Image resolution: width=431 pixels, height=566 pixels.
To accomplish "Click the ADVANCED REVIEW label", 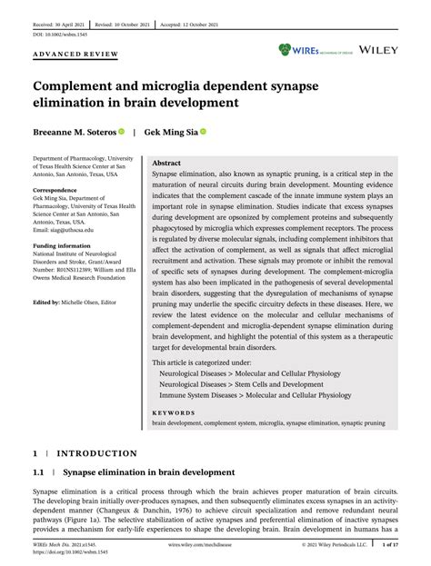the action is tap(76, 55).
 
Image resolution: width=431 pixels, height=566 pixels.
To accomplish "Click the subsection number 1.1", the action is tap(39, 472).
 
